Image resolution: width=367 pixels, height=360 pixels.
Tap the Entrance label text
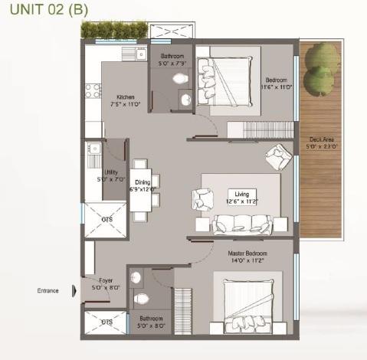pyautogui.click(x=49, y=290)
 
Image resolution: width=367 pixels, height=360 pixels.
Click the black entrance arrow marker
pyautogui.click(x=74, y=290)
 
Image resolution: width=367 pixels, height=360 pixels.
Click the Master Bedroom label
pyautogui.click(x=245, y=255)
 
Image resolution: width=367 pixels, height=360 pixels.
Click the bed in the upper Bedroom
pyautogui.click(x=228, y=77)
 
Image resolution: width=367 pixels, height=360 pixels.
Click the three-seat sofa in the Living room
pyautogui.click(x=242, y=224)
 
